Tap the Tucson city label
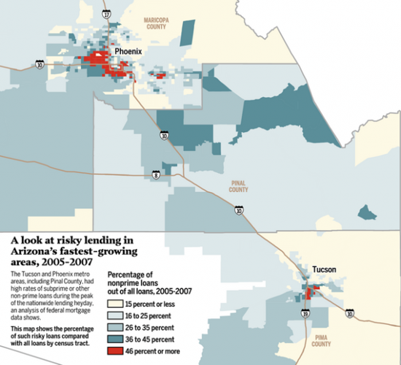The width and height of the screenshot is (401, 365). click(324, 269)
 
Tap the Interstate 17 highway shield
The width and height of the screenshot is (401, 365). click(106, 14)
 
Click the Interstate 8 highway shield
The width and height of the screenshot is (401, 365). click(155, 174)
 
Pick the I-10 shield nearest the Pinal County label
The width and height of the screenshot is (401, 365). click(239, 210)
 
